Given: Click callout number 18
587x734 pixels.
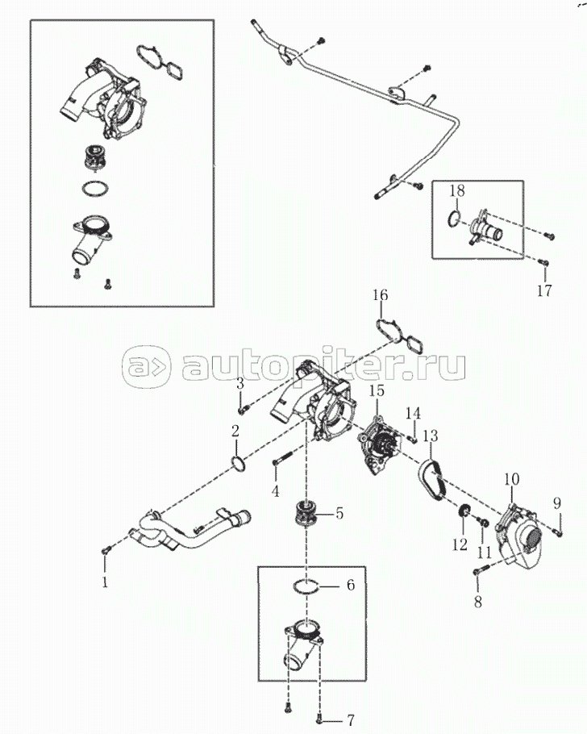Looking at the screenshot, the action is (457, 190).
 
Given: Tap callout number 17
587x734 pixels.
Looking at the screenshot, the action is (544, 290).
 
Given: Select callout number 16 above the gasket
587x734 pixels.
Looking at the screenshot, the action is (380, 295).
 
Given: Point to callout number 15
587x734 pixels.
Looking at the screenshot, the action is (377, 390).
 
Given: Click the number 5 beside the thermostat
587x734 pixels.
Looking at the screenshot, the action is (339, 513).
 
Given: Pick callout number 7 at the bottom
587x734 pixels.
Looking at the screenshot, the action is (351, 719).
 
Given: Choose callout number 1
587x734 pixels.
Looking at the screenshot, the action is (105, 582).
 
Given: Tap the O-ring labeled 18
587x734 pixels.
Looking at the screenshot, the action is (454, 218).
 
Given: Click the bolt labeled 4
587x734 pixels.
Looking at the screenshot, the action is (283, 458).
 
